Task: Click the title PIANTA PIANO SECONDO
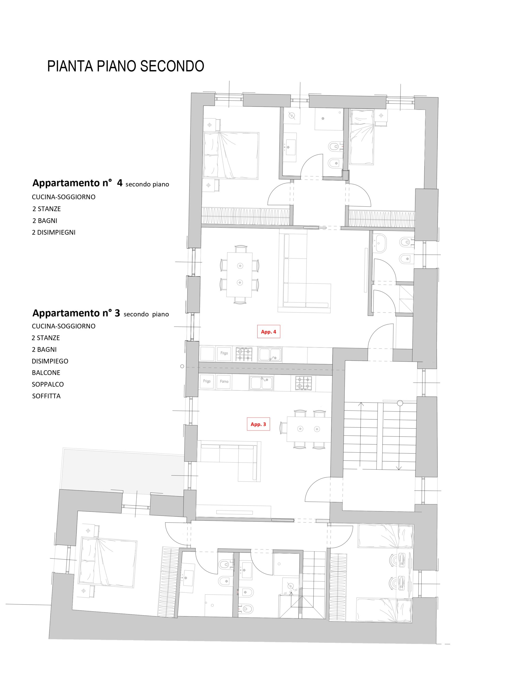(125, 66)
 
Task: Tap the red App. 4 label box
(269, 331)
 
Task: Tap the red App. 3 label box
(258, 424)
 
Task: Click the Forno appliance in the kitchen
(224, 381)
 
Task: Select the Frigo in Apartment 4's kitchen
(224, 353)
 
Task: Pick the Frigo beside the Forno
(207, 381)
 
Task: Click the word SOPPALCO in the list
(47, 384)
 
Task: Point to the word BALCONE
(46, 373)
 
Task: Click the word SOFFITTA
(46, 396)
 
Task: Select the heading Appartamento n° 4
(77, 183)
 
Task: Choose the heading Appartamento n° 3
(76, 313)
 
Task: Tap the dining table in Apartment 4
(239, 275)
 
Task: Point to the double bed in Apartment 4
(231, 155)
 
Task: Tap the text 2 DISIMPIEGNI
(54, 232)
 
